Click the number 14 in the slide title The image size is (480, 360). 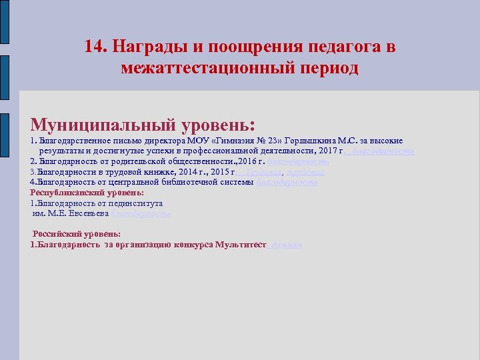[x=94, y=47]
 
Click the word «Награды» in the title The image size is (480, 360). [x=141, y=47]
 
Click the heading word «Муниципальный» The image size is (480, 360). [x=103, y=125]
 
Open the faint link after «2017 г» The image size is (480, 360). [x=383, y=151]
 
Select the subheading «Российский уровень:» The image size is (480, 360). [x=77, y=234]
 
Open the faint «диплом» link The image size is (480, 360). [x=286, y=245]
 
